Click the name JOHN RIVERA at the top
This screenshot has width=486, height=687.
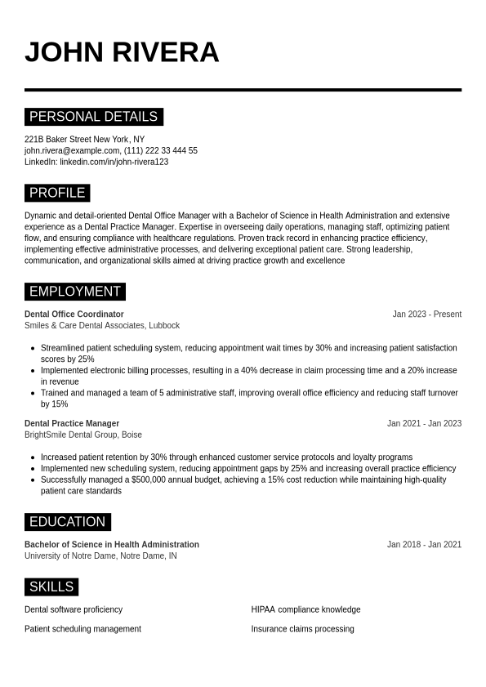(122, 52)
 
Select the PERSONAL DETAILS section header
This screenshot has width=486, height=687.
(93, 117)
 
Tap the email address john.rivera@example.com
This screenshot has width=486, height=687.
(72, 151)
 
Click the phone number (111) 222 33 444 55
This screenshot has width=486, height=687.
(161, 151)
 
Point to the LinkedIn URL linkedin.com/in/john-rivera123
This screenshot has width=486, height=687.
(114, 163)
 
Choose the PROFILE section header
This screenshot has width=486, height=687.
(57, 193)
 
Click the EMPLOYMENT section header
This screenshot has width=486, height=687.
(74, 292)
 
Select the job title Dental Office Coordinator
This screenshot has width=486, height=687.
(74, 315)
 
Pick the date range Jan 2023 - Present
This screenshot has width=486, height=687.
(426, 315)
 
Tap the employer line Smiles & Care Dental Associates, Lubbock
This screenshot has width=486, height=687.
(102, 326)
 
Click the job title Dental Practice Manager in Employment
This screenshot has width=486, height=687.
(72, 424)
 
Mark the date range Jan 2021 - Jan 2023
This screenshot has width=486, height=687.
(424, 424)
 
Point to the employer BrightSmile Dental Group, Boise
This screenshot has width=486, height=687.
(83, 435)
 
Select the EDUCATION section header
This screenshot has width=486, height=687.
(67, 522)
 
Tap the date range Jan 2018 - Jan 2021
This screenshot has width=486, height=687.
(424, 545)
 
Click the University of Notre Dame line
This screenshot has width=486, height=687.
(100, 556)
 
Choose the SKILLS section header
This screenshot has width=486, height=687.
(51, 587)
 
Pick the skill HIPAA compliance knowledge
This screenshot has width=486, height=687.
(305, 609)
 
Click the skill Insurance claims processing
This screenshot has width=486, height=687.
(302, 629)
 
